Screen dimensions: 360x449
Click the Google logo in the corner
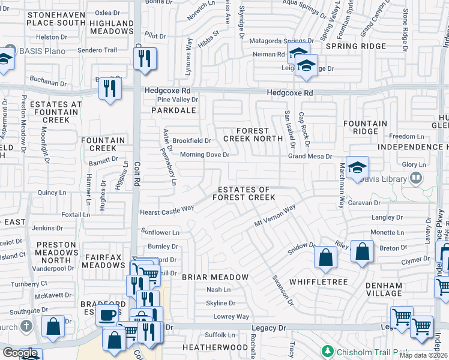tap(20, 353)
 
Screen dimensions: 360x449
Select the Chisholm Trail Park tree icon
tap(328, 350)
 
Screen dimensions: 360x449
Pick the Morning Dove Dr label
tap(205, 155)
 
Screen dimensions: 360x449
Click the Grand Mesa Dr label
tap(310, 157)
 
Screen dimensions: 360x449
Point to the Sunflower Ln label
tap(160, 232)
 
